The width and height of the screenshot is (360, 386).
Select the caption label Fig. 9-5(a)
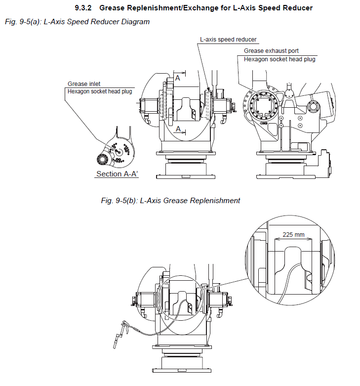point(23,22)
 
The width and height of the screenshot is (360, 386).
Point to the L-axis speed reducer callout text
point(228,39)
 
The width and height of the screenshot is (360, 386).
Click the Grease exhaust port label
point(271,51)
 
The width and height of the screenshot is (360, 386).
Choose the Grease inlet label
point(84,84)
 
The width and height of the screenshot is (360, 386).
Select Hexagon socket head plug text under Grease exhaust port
point(280,59)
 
